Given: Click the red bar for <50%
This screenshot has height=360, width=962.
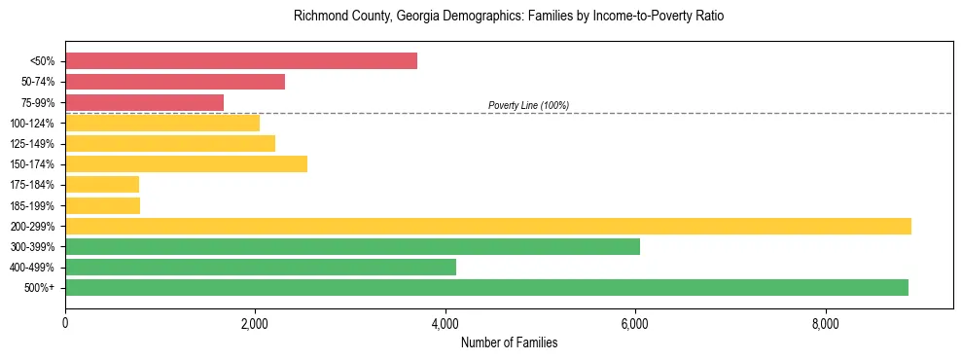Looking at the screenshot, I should (241, 61).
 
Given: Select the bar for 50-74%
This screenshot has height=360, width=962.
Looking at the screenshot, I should (175, 82).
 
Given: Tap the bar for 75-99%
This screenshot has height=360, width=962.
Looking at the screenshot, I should (144, 102).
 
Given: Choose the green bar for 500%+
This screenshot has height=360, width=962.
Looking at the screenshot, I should (486, 287).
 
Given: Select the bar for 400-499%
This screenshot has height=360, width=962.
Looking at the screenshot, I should (261, 267).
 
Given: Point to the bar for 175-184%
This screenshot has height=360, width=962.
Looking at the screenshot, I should (102, 184).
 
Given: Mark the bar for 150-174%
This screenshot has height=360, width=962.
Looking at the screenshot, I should (186, 163).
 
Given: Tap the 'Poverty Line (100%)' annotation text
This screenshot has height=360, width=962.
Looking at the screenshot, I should (528, 105).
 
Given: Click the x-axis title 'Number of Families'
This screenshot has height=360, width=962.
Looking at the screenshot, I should (509, 342).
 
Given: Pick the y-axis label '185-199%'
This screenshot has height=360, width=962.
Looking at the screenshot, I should (33, 205).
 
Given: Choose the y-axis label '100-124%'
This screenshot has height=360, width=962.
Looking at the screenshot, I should (33, 123).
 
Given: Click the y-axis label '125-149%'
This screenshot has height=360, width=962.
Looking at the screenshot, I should (33, 143).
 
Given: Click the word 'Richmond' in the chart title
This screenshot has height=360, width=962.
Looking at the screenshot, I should (317, 17).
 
